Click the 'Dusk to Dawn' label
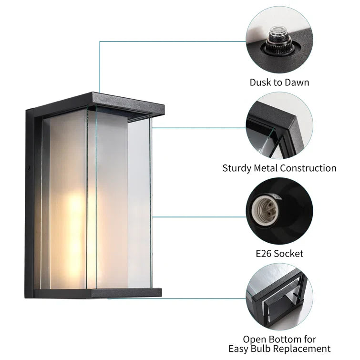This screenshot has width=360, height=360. pyautogui.click(x=279, y=82)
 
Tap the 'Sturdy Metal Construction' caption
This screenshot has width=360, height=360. pyautogui.click(x=279, y=168)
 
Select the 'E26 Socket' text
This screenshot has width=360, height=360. pyautogui.click(x=279, y=254)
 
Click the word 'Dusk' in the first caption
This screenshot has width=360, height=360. pyautogui.click(x=260, y=82)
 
